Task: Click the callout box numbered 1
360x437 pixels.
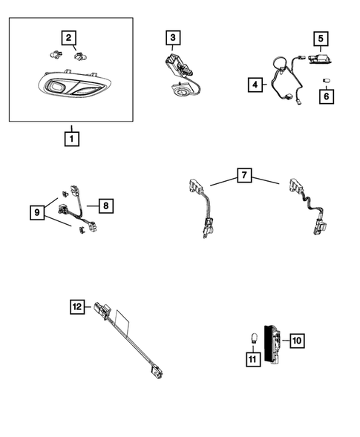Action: (x=71, y=138)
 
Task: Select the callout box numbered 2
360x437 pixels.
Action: (x=68, y=37)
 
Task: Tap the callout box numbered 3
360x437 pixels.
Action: (x=172, y=37)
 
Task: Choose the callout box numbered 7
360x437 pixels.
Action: (x=245, y=176)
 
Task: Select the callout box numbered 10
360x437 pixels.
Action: (x=295, y=341)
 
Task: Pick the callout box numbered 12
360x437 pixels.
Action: (x=77, y=305)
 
